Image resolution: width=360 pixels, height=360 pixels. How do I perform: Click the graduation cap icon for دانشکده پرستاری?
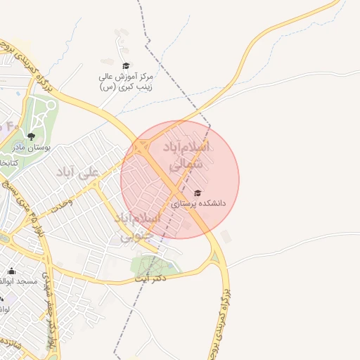click(198, 193)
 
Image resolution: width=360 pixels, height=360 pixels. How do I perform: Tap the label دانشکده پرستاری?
click(199, 203)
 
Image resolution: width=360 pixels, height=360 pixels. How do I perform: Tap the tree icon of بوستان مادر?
click(30, 136)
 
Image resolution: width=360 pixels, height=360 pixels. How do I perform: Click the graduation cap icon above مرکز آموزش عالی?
click(126, 65)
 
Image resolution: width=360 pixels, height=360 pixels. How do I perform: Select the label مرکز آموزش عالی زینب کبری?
click(127, 80)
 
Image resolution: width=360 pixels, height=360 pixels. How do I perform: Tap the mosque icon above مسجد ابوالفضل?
click(11, 271)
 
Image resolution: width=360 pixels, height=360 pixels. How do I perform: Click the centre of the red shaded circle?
click(180, 179)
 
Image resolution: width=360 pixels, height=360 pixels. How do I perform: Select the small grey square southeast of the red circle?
click(225, 236)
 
